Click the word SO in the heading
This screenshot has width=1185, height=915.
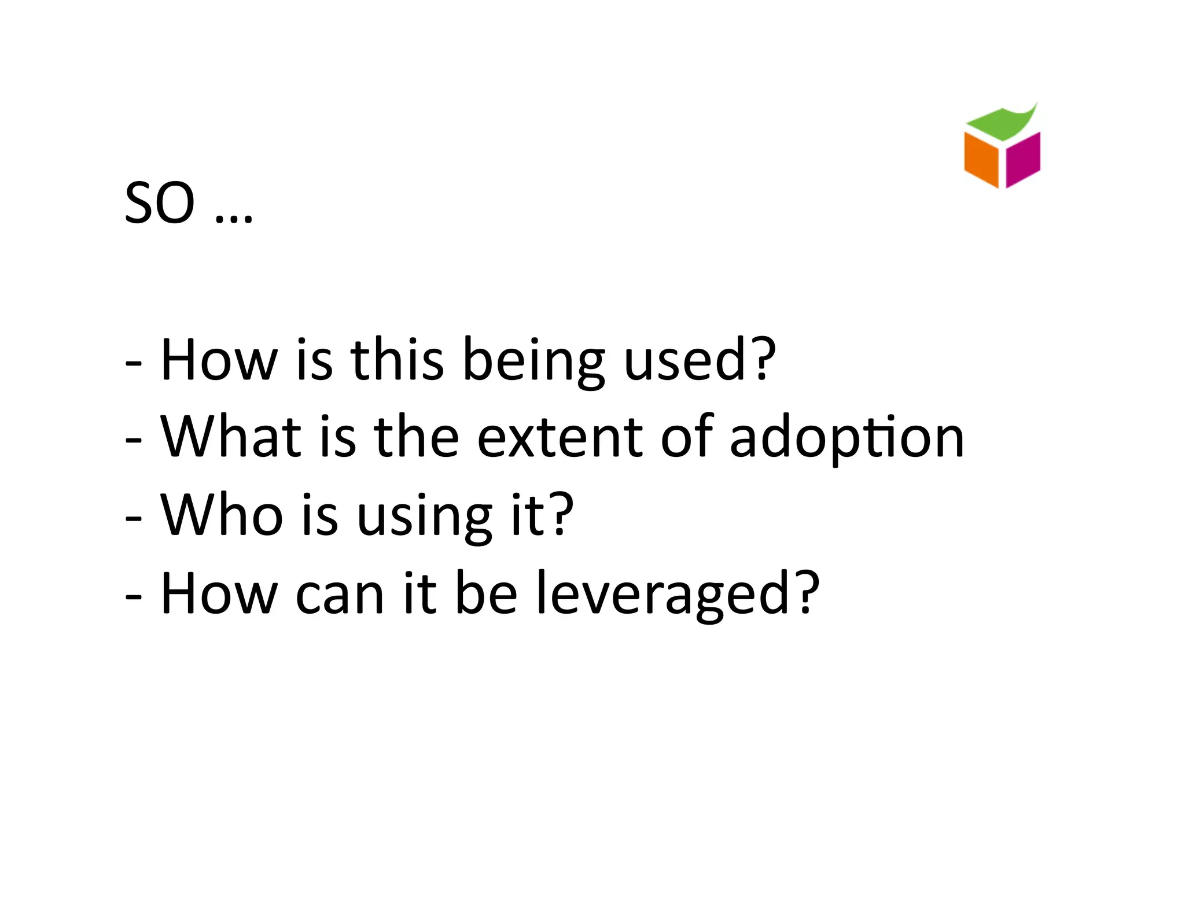point(160,203)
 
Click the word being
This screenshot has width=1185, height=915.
point(533,361)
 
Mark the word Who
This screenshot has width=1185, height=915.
point(222,515)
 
